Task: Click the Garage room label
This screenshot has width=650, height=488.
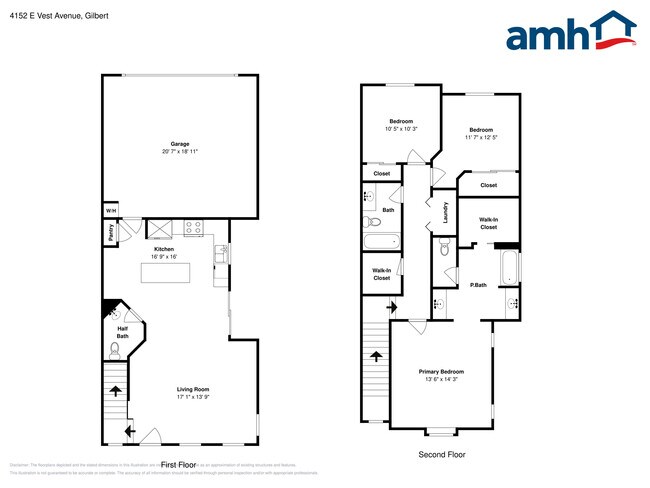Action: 180,144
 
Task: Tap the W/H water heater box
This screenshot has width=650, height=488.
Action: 110,211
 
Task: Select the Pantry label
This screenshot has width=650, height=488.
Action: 109,232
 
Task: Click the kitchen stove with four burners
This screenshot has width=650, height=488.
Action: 194,227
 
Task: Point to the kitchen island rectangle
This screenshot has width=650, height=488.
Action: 165,273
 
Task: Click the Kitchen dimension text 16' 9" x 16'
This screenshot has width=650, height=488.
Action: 164,257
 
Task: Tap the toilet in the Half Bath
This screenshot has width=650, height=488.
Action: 115,348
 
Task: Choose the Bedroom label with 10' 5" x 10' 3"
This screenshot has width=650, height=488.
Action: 400,121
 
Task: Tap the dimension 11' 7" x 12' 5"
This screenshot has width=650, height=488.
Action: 481,137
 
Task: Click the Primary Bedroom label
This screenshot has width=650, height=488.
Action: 441,372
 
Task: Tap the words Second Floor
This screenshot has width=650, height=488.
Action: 441,454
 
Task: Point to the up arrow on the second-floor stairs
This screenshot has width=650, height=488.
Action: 377,355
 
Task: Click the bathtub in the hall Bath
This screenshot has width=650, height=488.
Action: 381,241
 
